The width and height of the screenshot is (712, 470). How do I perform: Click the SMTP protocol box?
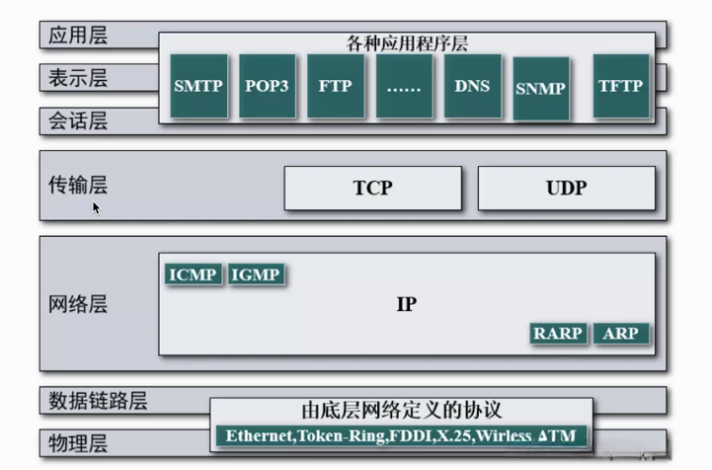(198, 86)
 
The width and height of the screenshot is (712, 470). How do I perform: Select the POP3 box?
(267, 86)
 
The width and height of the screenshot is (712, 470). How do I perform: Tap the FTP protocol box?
(335, 86)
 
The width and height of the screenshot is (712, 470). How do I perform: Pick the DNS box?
(472, 86)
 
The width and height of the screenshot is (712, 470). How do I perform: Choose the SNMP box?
(540, 89)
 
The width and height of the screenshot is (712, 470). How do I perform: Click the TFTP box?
(620, 86)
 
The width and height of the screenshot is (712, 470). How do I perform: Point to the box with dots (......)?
(404, 86)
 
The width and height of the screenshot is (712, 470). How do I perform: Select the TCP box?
(372, 188)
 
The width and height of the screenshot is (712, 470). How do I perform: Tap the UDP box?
(566, 188)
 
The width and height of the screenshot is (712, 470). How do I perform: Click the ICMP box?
(193, 274)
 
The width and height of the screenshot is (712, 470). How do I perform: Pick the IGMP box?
(255, 274)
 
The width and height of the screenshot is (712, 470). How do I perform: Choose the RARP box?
(559, 334)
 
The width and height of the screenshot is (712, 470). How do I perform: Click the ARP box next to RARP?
(621, 334)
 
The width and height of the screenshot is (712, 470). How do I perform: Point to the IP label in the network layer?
(406, 304)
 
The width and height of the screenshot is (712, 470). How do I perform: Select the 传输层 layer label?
(78, 185)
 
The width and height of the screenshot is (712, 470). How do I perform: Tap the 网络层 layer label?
(78, 304)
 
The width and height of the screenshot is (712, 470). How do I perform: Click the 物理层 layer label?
(78, 441)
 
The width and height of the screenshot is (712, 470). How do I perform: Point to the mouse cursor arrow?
(97, 207)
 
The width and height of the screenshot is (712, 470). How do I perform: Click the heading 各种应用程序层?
(407, 43)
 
